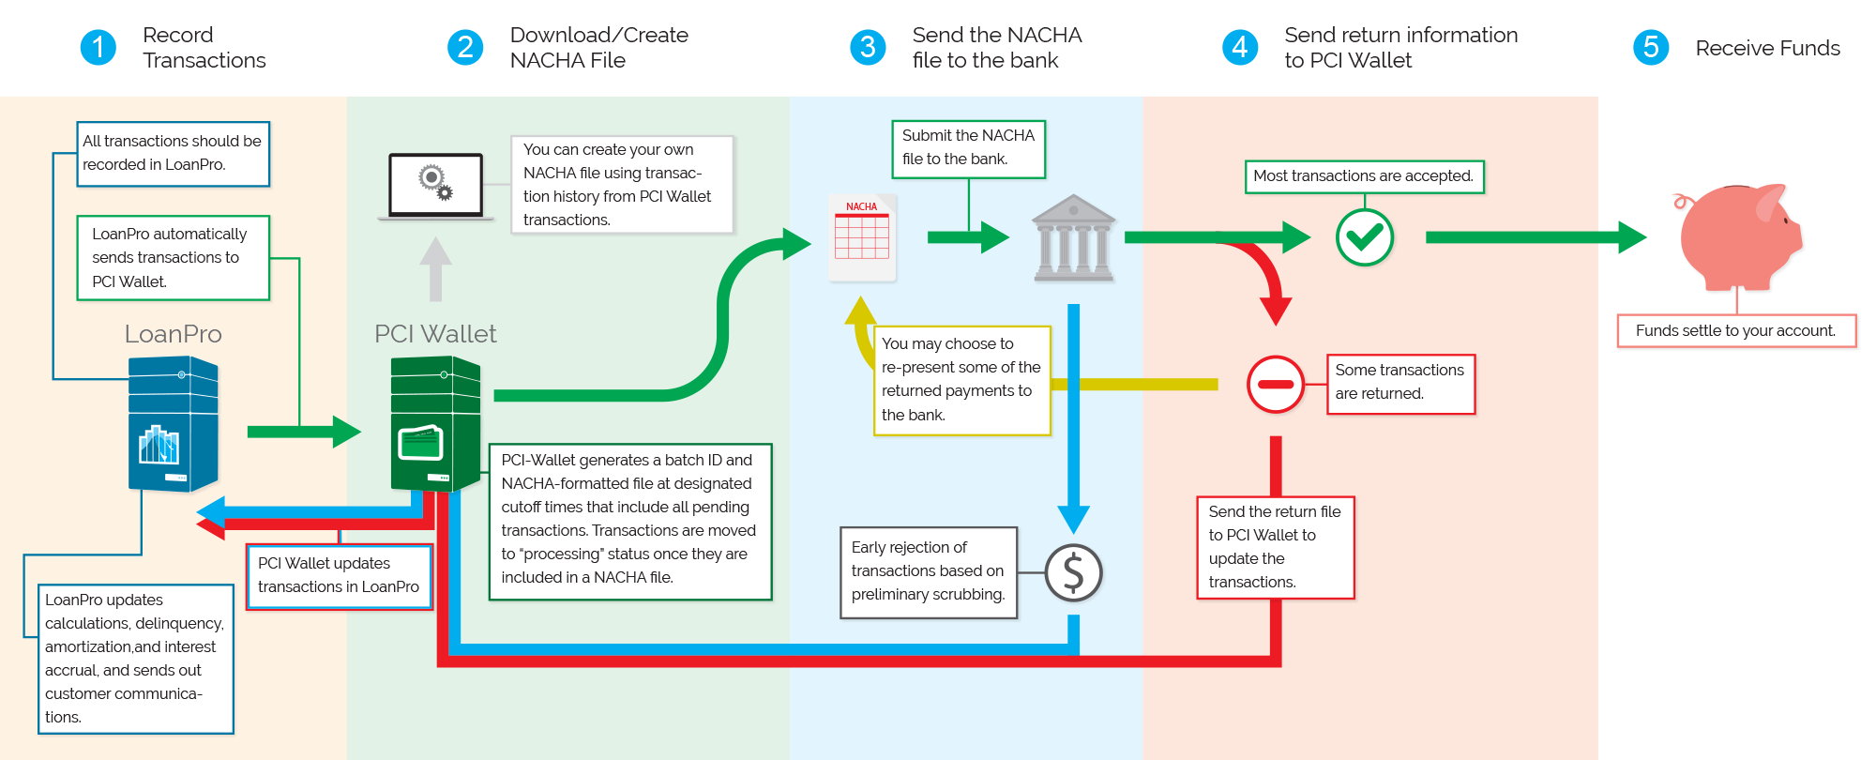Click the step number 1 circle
click(98, 47)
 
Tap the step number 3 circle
click(868, 47)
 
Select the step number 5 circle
click(1651, 47)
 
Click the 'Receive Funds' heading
click(1767, 48)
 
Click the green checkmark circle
click(1364, 237)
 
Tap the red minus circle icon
click(1276, 384)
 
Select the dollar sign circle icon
click(1073, 572)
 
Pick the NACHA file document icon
click(863, 237)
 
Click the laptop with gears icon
click(436, 187)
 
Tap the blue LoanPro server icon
click(174, 424)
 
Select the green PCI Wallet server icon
click(436, 424)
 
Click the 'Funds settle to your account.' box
click(1736, 330)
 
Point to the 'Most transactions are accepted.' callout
click(1364, 176)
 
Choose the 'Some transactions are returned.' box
click(1400, 384)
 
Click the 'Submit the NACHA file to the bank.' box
click(968, 148)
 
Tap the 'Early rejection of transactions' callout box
click(929, 572)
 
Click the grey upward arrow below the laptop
click(435, 268)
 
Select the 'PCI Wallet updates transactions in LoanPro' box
click(339, 576)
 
